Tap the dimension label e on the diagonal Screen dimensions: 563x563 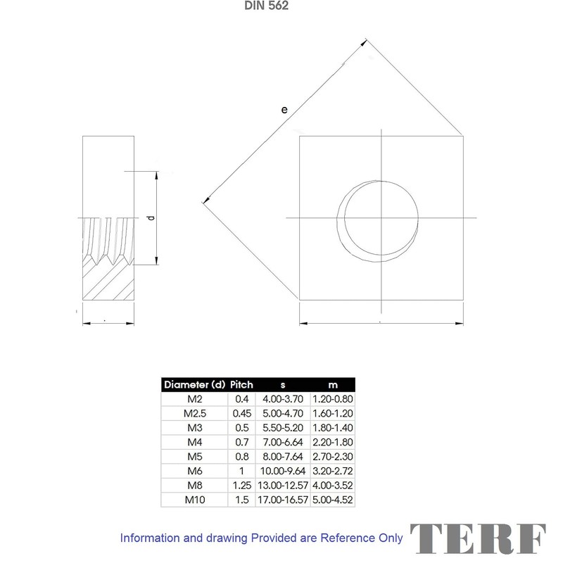(284, 109)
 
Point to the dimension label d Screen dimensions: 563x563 (149, 218)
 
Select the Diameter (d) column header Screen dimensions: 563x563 (194, 384)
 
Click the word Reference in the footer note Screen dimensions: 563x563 (348, 538)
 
